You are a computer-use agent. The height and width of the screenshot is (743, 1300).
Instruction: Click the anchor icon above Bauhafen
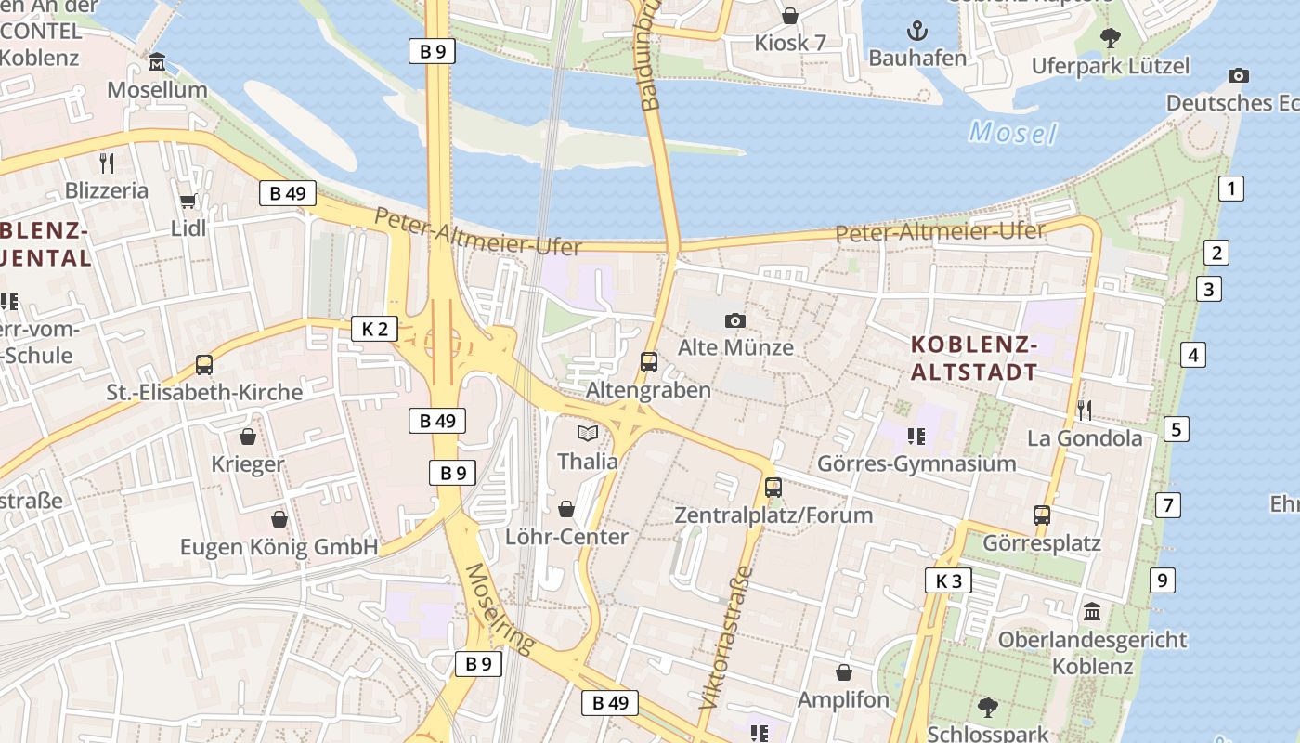(917, 32)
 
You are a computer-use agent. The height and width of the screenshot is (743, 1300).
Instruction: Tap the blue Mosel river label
(1012, 133)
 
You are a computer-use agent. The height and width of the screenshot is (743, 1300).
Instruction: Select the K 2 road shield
(375, 328)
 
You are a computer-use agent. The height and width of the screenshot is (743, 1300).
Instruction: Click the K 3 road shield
(948, 581)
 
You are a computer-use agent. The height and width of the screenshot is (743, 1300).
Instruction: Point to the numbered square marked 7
(1167, 505)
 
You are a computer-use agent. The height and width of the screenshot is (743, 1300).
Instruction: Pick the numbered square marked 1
(1230, 189)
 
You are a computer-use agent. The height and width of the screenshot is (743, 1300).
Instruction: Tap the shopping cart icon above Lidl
(188, 201)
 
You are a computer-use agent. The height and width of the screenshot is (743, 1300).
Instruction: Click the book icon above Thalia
(587, 433)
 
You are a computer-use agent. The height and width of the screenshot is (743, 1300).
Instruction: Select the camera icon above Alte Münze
(735, 320)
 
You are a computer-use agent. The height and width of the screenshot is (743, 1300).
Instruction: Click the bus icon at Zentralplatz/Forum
(773, 487)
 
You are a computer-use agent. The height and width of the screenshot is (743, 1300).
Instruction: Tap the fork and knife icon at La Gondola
(1084, 410)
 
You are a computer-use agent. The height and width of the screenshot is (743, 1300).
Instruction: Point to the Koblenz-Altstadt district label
(973, 358)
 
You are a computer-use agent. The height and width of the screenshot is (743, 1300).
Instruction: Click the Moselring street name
(500, 608)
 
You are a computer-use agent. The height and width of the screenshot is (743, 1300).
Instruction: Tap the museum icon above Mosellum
(157, 62)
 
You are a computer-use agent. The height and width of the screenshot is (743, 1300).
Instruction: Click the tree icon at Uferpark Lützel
(1110, 38)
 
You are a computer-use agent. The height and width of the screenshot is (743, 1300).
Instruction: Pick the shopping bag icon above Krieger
(248, 436)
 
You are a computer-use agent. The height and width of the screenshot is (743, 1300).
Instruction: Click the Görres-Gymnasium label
(916, 463)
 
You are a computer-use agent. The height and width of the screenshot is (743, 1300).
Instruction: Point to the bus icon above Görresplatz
(1042, 515)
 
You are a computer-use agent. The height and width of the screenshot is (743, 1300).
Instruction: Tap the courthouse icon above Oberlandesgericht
(1092, 612)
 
